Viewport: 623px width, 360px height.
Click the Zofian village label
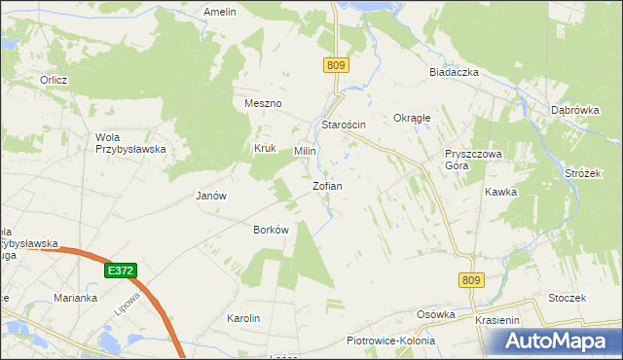coord(326,185)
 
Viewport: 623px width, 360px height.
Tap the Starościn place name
coord(343,126)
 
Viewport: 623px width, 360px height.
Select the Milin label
coord(306,152)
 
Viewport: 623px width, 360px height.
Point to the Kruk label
coord(266,149)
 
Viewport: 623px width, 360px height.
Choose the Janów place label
coord(211,195)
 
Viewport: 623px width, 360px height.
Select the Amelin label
coord(220,12)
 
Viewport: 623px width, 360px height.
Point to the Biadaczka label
coord(450,72)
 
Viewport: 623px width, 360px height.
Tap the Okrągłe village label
coord(411,118)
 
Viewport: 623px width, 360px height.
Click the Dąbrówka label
coord(573,110)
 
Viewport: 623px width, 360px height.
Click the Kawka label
coord(499,192)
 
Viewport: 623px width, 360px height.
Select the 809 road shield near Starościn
coord(337,65)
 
